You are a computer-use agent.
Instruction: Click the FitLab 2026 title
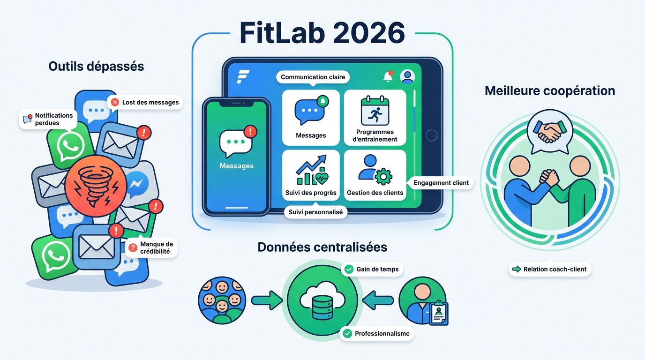coord(322,32)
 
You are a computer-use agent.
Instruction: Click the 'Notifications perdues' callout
coord(48,119)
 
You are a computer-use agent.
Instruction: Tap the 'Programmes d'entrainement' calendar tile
coord(375,118)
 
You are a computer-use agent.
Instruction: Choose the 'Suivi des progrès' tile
coord(311,175)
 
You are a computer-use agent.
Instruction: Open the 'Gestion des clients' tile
coord(375,175)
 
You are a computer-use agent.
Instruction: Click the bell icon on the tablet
coord(388,77)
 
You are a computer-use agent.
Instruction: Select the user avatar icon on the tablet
coord(407,76)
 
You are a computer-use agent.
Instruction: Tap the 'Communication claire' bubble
coord(313,77)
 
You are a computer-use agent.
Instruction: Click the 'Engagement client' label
coord(441,183)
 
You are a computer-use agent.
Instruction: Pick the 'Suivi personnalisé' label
coord(315,212)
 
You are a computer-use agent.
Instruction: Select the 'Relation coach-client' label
coord(549,269)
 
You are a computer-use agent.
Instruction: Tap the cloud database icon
coord(322,300)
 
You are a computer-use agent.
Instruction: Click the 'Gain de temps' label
coord(372,269)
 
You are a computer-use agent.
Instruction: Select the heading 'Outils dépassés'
coord(96,66)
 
